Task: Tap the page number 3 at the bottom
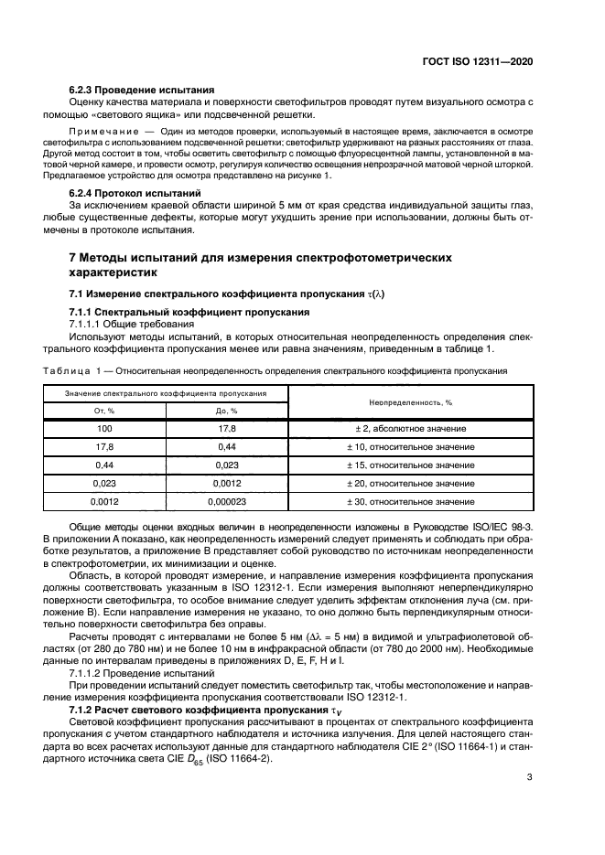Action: tap(530, 778)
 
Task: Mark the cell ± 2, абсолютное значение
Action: tap(411, 428)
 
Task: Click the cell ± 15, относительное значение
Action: tap(411, 465)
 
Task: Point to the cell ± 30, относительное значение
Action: tap(411, 501)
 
